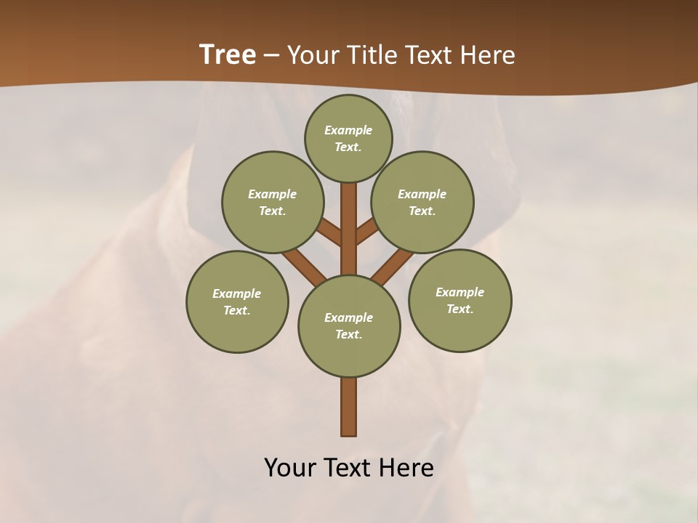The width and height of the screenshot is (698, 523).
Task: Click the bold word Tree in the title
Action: tap(228, 55)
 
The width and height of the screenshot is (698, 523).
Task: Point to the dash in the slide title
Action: tap(272, 56)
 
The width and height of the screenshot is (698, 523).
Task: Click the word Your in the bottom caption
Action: tap(291, 468)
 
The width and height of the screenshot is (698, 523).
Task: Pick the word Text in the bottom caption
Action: tap(348, 468)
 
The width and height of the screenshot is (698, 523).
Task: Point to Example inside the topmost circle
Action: tap(348, 130)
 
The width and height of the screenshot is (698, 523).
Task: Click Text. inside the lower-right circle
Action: tap(460, 309)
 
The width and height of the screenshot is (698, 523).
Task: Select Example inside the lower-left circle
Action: tap(236, 293)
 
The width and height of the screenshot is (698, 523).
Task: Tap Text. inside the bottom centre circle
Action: tap(348, 334)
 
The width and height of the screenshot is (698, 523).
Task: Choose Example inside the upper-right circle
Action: tap(422, 194)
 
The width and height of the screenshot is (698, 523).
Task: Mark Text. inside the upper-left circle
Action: tap(272, 211)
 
